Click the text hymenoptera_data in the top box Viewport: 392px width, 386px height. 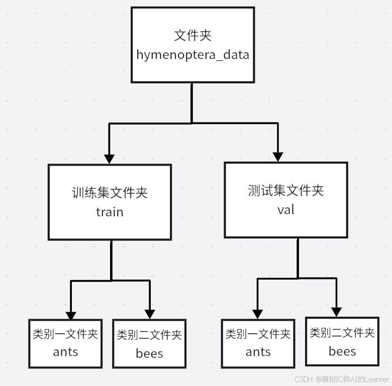192,54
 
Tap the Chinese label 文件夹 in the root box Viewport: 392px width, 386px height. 192,36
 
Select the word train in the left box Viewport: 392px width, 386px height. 110,212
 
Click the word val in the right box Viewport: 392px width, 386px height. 285,210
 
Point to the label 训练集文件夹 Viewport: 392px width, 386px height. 110,193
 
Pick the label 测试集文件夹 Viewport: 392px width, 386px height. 285,191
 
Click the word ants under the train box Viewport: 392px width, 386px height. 65,351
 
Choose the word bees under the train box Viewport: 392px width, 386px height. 149,353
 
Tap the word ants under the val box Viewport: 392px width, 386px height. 258,352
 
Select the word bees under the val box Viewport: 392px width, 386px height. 342,351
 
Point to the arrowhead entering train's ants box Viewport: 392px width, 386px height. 71,315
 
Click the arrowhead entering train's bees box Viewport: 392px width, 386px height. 149,315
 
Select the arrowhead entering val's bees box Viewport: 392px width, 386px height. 336,312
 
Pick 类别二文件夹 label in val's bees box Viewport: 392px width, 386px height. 342,332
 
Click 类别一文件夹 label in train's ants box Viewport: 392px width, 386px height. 65,334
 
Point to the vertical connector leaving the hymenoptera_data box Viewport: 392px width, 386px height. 192,102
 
